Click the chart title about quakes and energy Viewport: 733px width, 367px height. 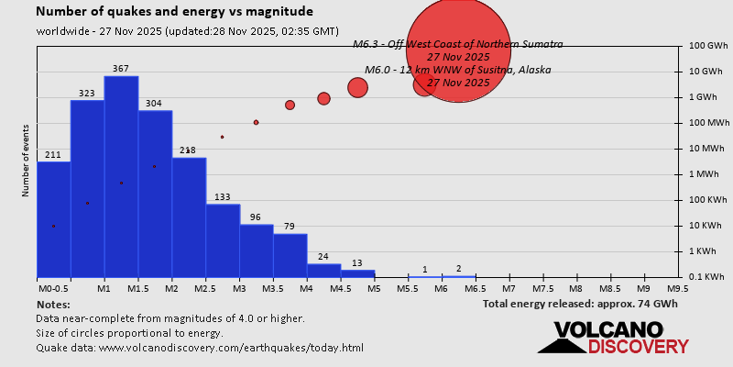[174, 12]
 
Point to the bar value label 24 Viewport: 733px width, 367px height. [323, 257]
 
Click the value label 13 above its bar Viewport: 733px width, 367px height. [357, 262]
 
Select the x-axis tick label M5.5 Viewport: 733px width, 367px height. [408, 288]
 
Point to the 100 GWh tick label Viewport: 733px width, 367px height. [708, 46]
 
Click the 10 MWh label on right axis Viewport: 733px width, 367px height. [708, 149]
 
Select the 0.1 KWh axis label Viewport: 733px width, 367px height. [708, 277]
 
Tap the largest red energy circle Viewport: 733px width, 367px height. [457, 50]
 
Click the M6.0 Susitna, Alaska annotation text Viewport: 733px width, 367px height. [458, 70]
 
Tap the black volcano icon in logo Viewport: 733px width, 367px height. [561, 340]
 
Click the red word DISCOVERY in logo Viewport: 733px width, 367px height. [639, 347]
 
